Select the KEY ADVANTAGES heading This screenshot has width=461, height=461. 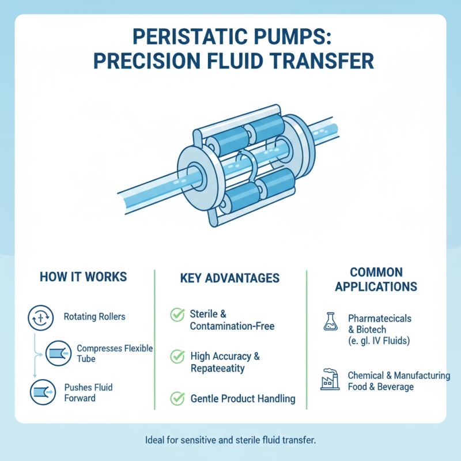click(230, 278)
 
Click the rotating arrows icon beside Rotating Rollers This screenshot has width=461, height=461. click(37, 316)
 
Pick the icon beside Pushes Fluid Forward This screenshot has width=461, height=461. click(37, 392)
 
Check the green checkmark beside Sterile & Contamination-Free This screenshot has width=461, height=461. click(176, 315)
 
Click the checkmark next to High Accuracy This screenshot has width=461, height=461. click(176, 357)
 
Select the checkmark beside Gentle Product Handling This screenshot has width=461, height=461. click(176, 398)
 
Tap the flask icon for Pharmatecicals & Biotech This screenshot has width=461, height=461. click(329, 323)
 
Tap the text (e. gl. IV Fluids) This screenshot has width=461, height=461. click(377, 341)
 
